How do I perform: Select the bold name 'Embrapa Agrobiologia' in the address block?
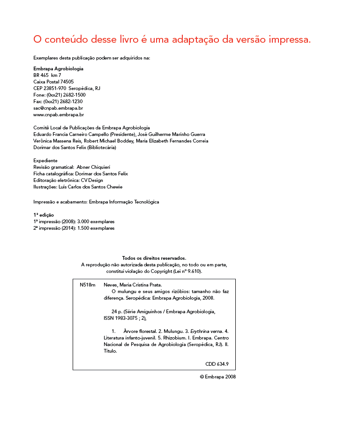click(x=58, y=68)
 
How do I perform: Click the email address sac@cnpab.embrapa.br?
click(x=58, y=108)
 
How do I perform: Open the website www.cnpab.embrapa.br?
click(x=59, y=114)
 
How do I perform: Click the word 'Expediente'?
click(x=45, y=160)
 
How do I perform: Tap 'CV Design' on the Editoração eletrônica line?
click(x=92, y=180)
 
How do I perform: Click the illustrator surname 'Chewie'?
click(x=114, y=187)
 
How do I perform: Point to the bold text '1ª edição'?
click(x=44, y=215)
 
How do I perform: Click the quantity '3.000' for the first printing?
click(x=83, y=221)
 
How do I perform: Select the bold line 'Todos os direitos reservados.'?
click(x=154, y=258)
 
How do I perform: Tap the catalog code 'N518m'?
click(x=88, y=285)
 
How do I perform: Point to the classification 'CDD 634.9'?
click(x=217, y=364)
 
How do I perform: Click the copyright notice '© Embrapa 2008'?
click(x=217, y=377)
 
